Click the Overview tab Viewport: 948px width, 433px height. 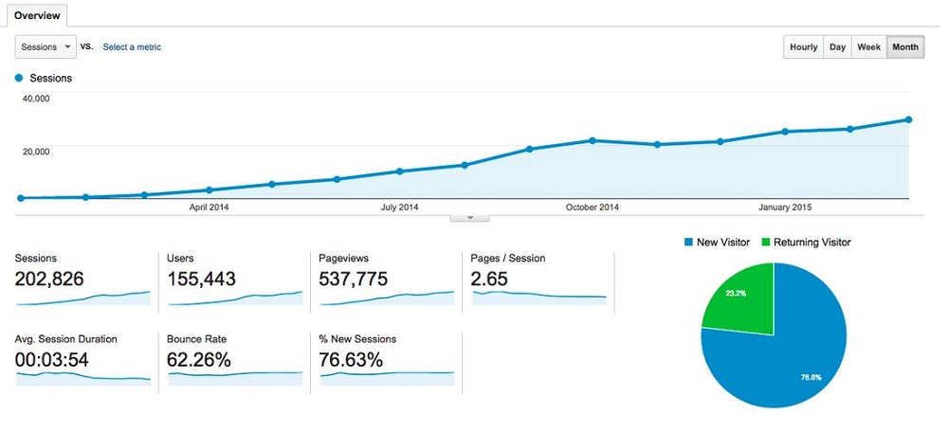click(37, 15)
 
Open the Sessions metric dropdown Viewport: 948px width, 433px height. click(45, 46)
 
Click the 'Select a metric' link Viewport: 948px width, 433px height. click(132, 47)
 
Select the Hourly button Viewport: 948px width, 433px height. click(803, 47)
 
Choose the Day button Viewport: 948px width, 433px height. click(837, 47)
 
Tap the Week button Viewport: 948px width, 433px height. click(868, 47)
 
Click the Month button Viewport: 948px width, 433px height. click(905, 47)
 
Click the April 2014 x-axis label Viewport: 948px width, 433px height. click(210, 207)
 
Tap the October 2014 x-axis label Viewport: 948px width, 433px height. click(592, 207)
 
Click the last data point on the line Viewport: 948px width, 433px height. click(908, 119)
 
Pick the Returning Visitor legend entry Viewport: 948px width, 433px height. click(807, 243)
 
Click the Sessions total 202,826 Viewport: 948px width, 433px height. click(49, 279)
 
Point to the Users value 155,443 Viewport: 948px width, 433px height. click(201, 279)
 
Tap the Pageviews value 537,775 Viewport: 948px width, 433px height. click(352, 279)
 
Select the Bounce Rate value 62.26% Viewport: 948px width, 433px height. click(199, 360)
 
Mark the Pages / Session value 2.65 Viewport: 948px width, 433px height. click(490, 279)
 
